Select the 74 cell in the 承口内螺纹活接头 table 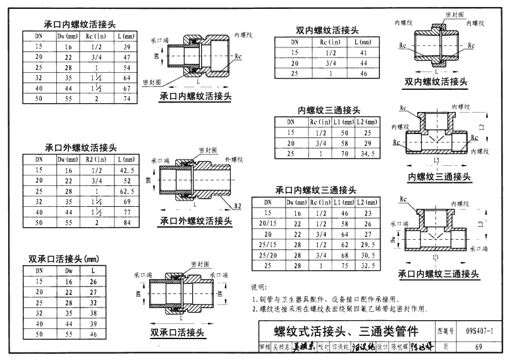tap(126, 99)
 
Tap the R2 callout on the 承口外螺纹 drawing tap(237, 206)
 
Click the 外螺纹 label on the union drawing tap(234, 151)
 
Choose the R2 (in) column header tap(97, 159)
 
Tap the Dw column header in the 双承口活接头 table tap(69, 270)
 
